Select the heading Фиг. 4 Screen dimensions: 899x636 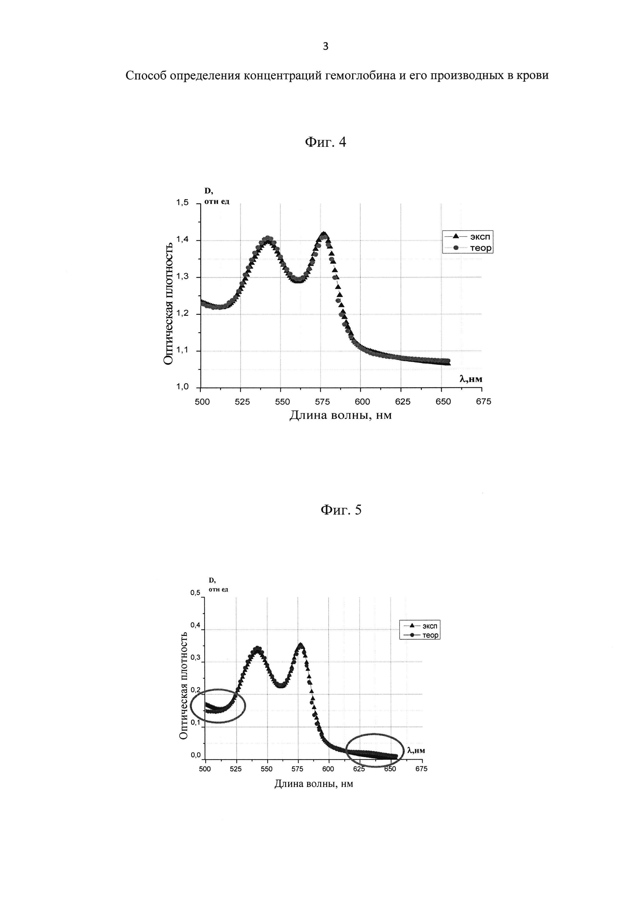coord(325,142)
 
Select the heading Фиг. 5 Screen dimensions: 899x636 coord(341,509)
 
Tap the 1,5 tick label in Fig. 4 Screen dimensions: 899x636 coord(183,203)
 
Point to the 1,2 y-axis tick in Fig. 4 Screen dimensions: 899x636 coord(183,313)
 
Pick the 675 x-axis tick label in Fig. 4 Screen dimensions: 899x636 coord(483,402)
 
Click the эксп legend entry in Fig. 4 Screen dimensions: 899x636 coord(480,237)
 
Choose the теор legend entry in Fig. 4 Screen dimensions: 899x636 coord(481,248)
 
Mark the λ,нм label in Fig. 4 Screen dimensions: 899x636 coord(471,379)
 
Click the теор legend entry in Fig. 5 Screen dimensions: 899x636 coord(430,635)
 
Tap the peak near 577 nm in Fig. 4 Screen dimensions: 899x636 coord(323,235)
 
